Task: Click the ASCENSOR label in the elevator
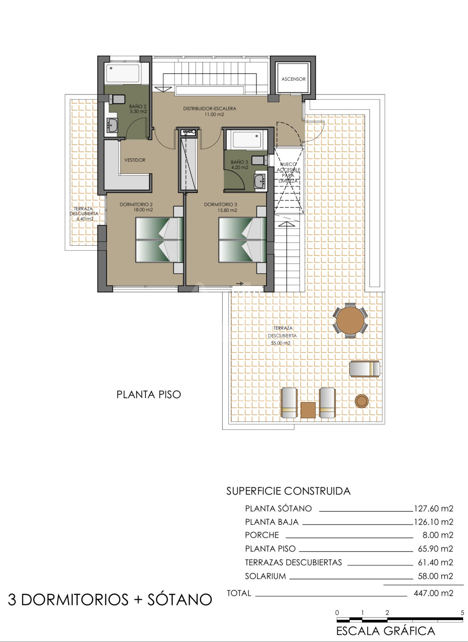point(293,79)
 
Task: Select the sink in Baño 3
point(260,181)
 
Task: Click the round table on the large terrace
point(350,320)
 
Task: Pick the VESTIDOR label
point(135,160)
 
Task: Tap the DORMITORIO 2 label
point(136,204)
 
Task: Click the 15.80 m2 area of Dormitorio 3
point(227,210)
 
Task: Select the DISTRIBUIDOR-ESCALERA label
point(210,109)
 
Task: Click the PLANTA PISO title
point(149,395)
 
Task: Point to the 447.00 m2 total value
point(433,593)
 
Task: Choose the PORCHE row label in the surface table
point(262,535)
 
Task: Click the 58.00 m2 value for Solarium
point(435,576)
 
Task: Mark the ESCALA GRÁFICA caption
point(386,631)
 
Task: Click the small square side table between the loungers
point(308,410)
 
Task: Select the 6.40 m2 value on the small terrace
point(85,219)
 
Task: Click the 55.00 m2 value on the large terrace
point(281,343)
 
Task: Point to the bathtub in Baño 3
point(247,140)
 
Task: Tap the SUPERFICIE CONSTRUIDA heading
point(289,491)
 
